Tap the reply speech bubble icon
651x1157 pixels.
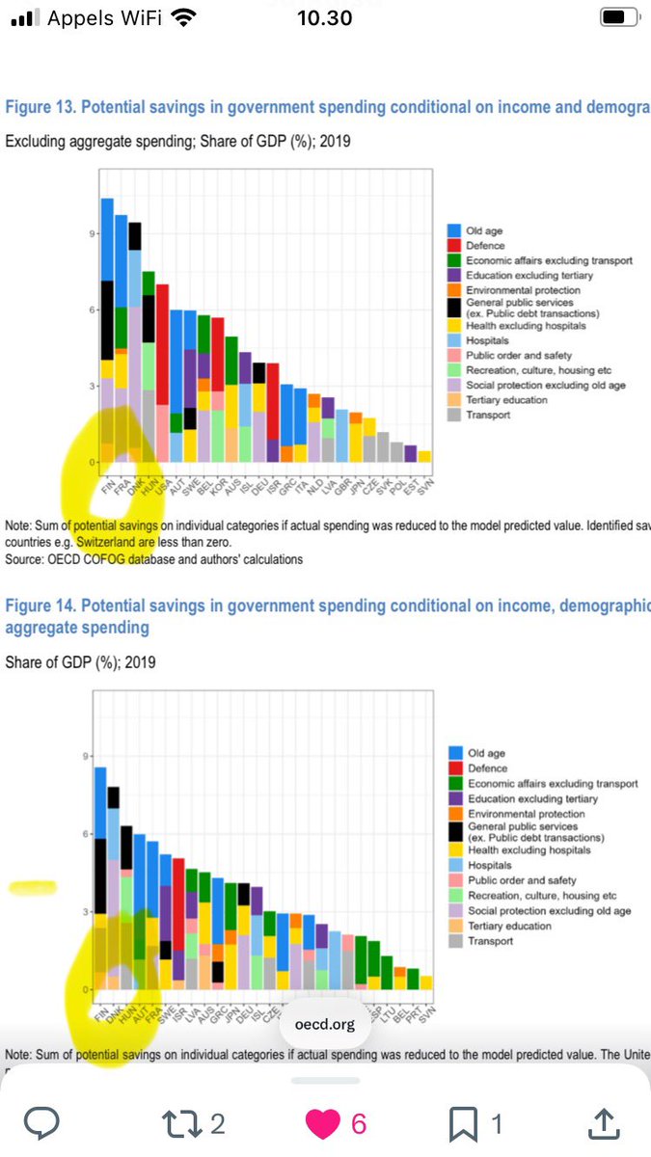coord(41,1122)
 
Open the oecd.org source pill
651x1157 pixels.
coord(317,1025)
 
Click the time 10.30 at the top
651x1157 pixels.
coord(324,17)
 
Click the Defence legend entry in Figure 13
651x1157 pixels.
coord(485,246)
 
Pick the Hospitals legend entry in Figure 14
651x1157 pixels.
coord(490,865)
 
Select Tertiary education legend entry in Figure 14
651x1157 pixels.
coord(509,926)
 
